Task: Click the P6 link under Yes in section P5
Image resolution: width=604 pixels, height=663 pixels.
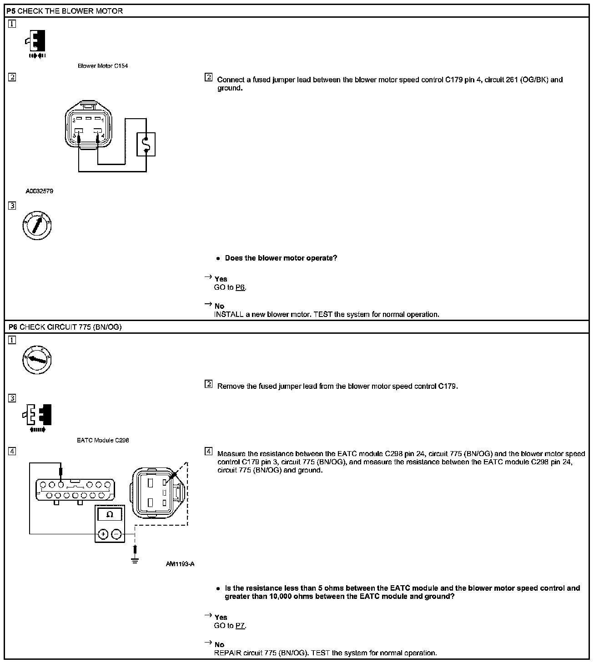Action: pyautogui.click(x=240, y=287)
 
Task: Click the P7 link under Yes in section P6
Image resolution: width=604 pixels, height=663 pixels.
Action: pyautogui.click(x=240, y=626)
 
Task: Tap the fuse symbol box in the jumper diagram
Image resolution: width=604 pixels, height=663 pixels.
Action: pyautogui.click(x=146, y=144)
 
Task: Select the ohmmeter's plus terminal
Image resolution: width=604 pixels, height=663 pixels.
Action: pyautogui.click(x=103, y=534)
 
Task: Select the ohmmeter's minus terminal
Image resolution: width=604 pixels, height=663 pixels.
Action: pyautogui.click(x=116, y=534)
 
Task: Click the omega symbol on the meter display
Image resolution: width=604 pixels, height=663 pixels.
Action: pyautogui.click(x=109, y=515)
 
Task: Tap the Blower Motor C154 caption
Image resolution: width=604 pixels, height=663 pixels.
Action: pyautogui.click(x=103, y=66)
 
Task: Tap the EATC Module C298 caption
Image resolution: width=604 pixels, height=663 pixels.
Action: pyautogui.click(x=103, y=440)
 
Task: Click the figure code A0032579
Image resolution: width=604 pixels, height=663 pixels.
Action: pyautogui.click(x=39, y=191)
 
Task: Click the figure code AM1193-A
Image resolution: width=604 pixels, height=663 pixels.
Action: pyautogui.click(x=180, y=564)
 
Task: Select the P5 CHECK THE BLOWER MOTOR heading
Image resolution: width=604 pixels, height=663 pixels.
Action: pyautogui.click(x=65, y=11)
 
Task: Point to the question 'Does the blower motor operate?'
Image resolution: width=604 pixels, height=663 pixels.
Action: pyautogui.click(x=281, y=258)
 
